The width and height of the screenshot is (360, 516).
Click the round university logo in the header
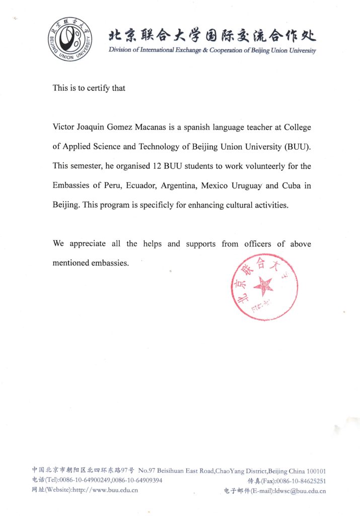(x=70, y=38)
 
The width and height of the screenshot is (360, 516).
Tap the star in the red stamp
(x=263, y=287)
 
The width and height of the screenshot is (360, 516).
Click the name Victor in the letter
(x=64, y=127)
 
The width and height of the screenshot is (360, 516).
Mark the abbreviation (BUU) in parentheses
(x=297, y=147)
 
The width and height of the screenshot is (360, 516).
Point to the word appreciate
(x=87, y=244)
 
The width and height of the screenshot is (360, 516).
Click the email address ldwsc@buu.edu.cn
(x=296, y=490)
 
